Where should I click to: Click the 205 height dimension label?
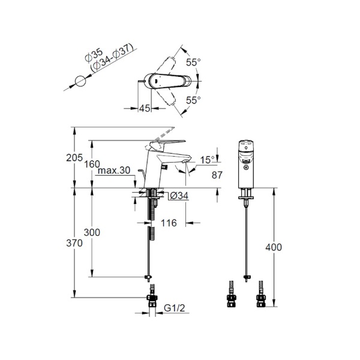pos(74,158)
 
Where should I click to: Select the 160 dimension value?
pos(92,164)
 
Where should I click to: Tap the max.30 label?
pos(114,170)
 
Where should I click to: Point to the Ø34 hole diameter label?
pos(179,196)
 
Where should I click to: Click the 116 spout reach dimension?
pos(169,223)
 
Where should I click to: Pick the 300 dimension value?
pos(92,233)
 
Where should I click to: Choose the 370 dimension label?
pos(74,243)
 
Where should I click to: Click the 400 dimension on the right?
pos(274,247)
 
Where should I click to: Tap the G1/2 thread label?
pos(175,308)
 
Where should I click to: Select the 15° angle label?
pos(208,160)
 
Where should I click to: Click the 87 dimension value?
pos(217,175)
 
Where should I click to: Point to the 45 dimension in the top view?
pos(145,109)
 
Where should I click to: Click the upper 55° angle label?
pos(193,62)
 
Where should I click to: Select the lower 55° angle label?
pos(193,100)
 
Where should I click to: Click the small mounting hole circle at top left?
pos(80,81)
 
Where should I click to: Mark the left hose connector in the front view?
pos(231,294)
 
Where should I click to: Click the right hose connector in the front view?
pos(260,294)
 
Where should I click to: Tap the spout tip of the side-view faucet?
pos(185,161)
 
